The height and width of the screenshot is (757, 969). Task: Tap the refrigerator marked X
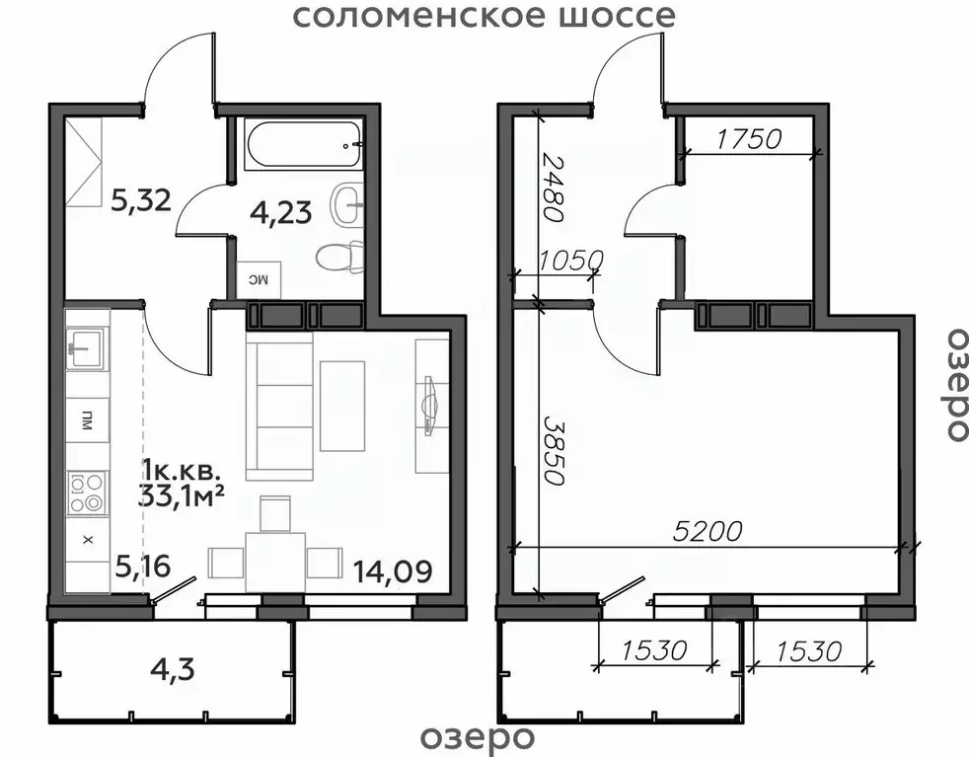pos(87,540)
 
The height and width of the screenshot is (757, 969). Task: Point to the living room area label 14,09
pos(393,570)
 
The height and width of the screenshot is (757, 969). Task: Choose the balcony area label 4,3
pos(174,670)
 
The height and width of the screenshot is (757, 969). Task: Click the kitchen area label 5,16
pos(143,566)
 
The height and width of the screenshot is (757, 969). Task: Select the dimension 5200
pos(706,532)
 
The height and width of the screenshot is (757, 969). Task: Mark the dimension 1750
pos(749,138)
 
